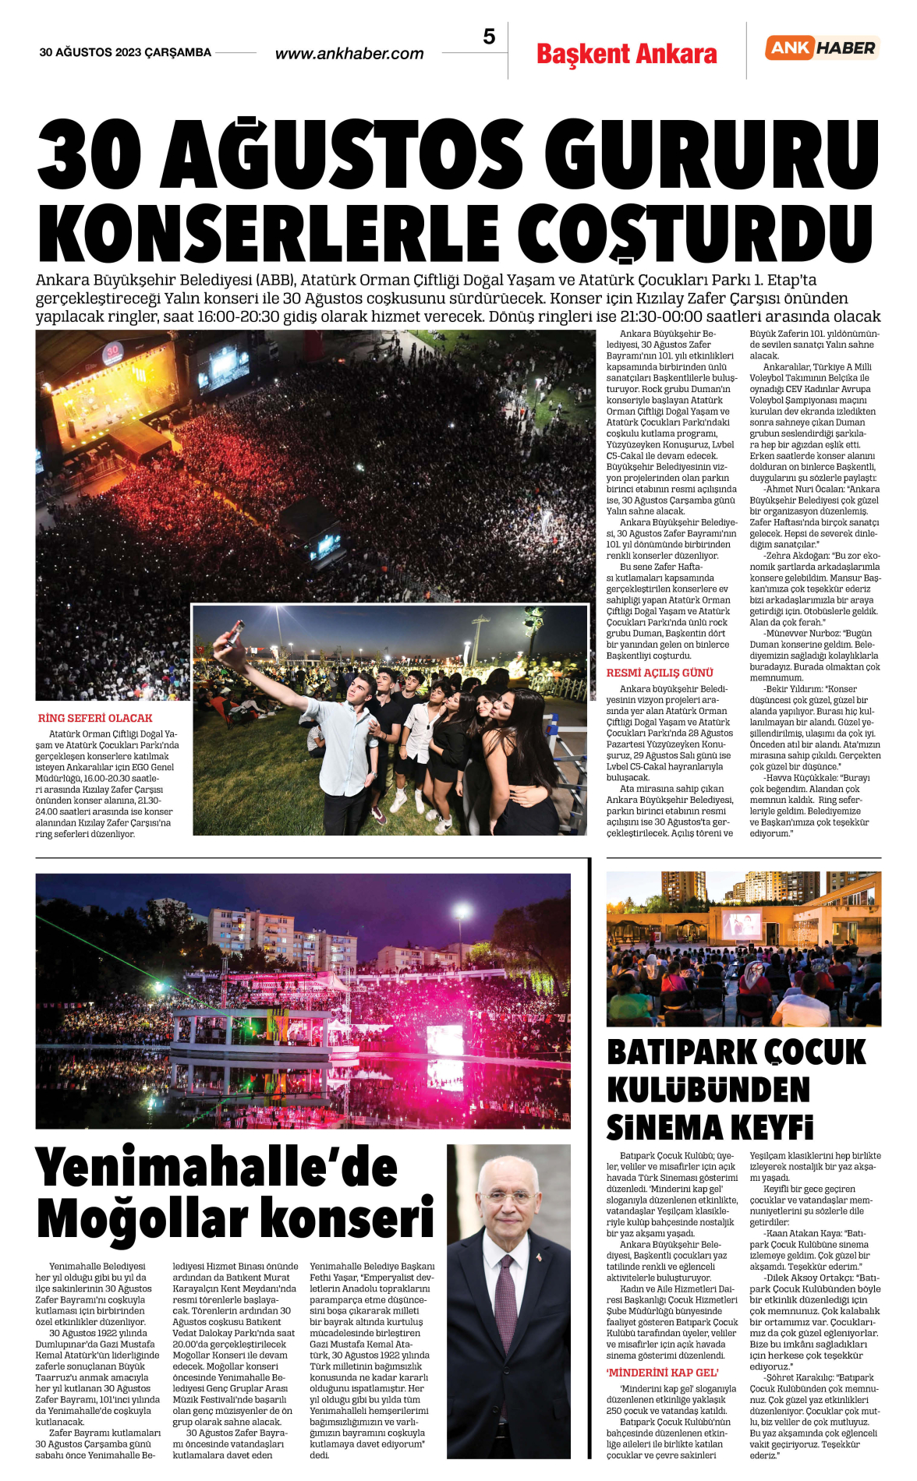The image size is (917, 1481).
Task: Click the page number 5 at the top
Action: point(489,37)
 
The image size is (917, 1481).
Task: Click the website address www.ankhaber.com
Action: point(349,54)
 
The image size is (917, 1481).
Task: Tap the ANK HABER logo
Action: point(822,48)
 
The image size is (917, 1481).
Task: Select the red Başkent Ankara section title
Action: point(626,54)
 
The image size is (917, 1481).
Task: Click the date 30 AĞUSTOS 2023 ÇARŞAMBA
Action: point(126,52)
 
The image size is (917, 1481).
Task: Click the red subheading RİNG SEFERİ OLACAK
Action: point(95,718)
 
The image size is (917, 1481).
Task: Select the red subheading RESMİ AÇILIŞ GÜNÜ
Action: point(660,673)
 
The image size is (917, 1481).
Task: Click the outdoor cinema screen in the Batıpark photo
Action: point(742,924)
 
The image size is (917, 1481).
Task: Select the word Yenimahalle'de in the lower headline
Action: point(217,1168)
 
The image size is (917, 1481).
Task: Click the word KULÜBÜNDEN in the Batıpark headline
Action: point(708,1089)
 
